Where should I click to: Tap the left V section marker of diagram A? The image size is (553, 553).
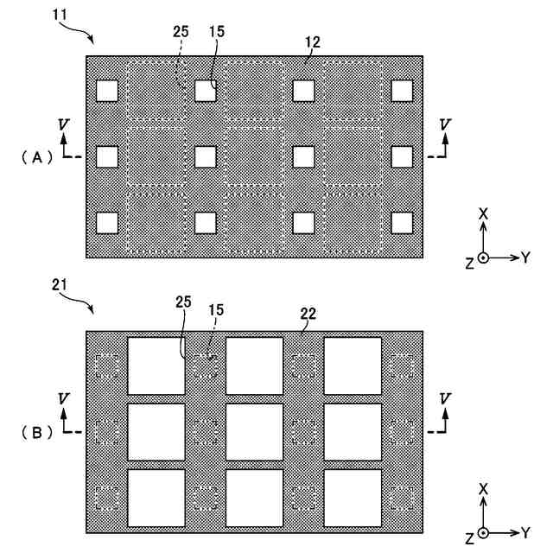(63, 125)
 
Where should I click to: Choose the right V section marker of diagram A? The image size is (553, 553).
(444, 125)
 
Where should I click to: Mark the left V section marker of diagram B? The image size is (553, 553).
(63, 398)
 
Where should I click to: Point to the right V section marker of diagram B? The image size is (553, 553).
(444, 398)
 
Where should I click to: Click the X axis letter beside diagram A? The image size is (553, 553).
(484, 213)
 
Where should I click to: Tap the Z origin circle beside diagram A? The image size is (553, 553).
(484, 257)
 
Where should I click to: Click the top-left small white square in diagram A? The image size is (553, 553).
(107, 91)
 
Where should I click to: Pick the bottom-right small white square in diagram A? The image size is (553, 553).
(402, 222)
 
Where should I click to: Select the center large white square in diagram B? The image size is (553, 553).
(254, 431)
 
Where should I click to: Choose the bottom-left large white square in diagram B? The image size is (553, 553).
(156, 497)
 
